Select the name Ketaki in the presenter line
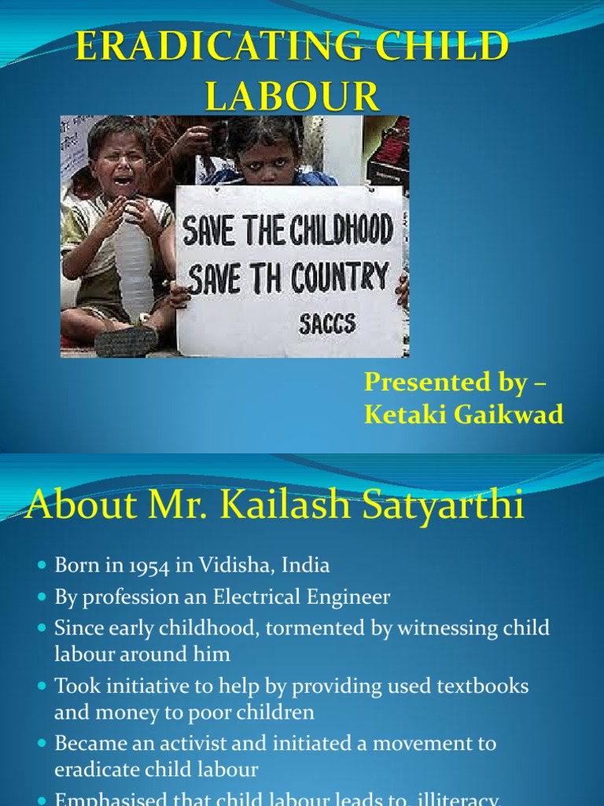(402, 414)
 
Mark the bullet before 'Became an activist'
(42, 744)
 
